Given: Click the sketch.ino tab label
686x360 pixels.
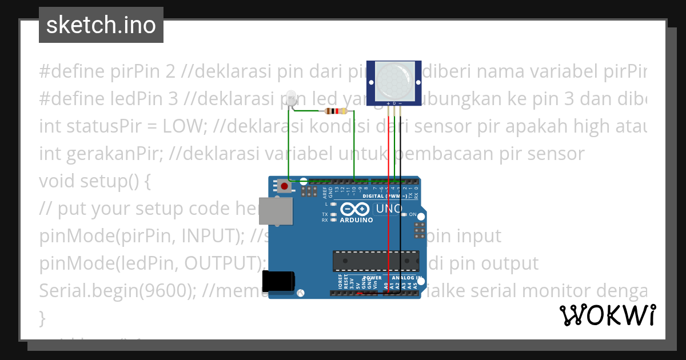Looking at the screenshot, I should [x=101, y=25].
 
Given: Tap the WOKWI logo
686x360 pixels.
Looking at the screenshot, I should [x=607, y=315].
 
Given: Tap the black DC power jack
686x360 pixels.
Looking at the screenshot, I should [x=278, y=282].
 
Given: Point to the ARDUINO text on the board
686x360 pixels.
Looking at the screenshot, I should [x=356, y=220].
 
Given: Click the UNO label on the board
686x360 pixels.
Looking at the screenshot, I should [x=389, y=209].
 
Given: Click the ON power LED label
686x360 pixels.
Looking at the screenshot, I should [x=412, y=215].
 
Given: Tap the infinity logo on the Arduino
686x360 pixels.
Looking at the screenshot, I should [x=349, y=209].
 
